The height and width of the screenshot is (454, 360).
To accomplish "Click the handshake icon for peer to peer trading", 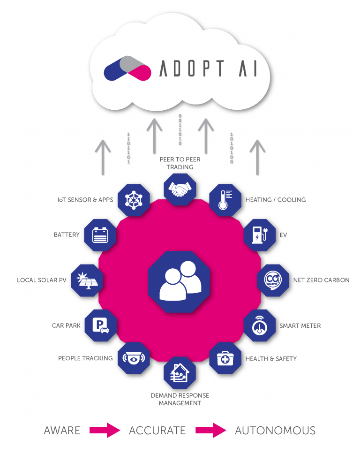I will pos(180,189).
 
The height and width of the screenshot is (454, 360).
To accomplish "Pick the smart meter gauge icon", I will pos(260,325).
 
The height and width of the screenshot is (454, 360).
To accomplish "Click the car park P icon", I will pos(100,325).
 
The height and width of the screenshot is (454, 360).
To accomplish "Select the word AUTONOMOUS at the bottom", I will pos(275,430).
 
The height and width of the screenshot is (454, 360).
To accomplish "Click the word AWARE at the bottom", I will pos(61,430).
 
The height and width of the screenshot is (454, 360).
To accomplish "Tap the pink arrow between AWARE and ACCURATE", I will pos(105,430).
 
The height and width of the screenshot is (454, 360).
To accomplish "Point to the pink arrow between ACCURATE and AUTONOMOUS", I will pos(210,430).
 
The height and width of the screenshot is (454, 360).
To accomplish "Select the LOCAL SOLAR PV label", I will pos(40,280).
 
